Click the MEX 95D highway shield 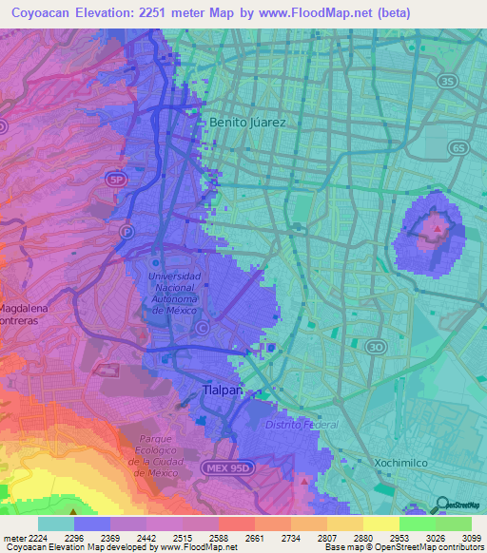click(223, 468)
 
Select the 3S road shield click(447, 82)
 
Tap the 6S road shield click(458, 148)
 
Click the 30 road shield click(377, 347)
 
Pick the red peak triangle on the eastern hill click(438, 228)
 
